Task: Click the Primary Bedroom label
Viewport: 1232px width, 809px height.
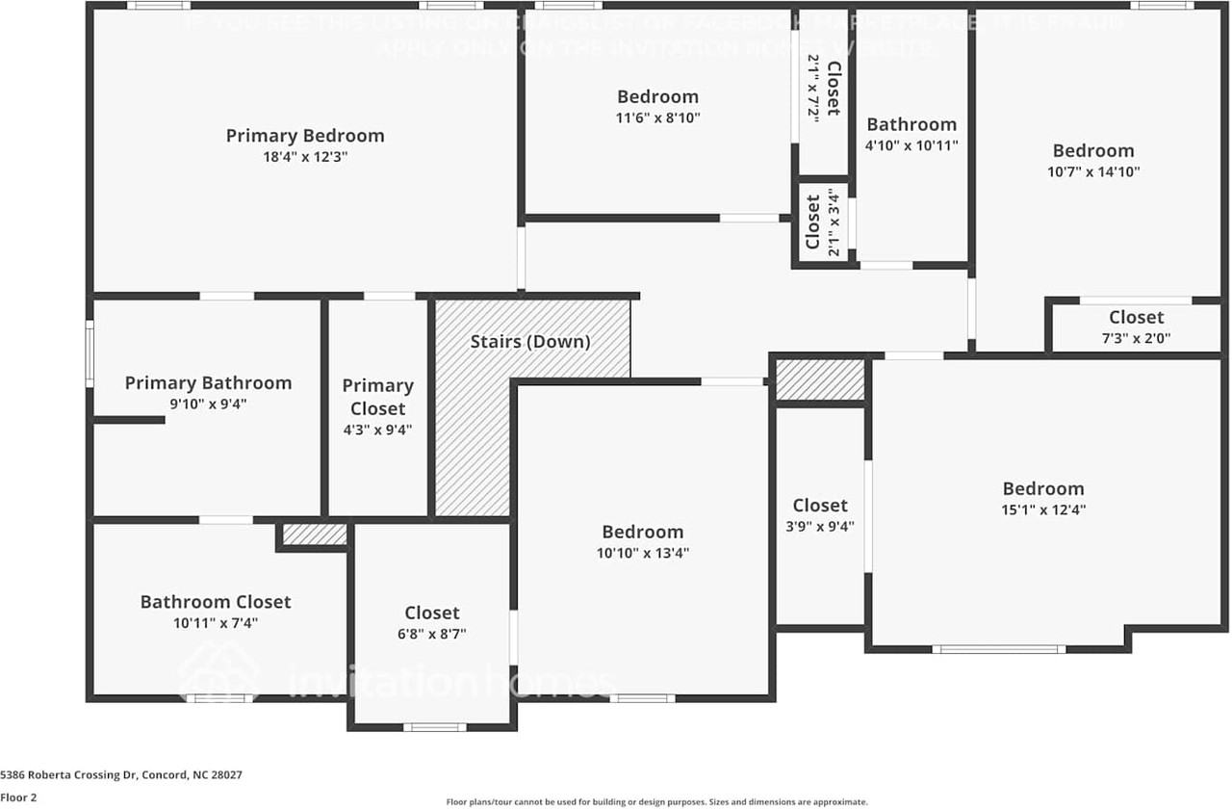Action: pyautogui.click(x=305, y=136)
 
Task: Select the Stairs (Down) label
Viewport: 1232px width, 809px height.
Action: pyautogui.click(x=530, y=342)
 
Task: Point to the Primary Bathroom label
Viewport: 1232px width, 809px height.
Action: pyautogui.click(x=208, y=383)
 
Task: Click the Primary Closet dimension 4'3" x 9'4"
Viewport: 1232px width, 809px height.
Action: pyautogui.click(x=377, y=431)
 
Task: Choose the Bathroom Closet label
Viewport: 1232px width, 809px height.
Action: pyautogui.click(x=216, y=602)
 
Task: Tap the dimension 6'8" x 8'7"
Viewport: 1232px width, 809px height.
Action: pyautogui.click(x=432, y=635)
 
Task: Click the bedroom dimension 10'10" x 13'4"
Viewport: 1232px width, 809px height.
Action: pyautogui.click(x=643, y=553)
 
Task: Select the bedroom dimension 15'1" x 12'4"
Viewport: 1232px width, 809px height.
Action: pyautogui.click(x=1043, y=510)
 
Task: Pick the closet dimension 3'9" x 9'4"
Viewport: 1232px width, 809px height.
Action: pyautogui.click(x=820, y=527)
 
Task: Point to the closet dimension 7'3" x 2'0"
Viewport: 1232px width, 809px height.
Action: pyautogui.click(x=1136, y=338)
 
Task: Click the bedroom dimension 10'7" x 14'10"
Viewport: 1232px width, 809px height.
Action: pyautogui.click(x=1093, y=171)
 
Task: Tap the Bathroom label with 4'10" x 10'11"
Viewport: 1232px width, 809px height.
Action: pyautogui.click(x=911, y=124)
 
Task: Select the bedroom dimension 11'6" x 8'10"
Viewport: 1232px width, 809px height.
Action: pyautogui.click(x=658, y=117)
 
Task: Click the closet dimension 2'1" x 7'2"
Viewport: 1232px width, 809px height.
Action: pyautogui.click(x=813, y=89)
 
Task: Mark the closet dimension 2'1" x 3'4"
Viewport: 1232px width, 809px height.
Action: pyautogui.click(x=834, y=222)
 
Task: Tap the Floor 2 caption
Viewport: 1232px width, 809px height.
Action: pyautogui.click(x=19, y=797)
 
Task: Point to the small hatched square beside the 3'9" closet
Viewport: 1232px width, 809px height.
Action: pyautogui.click(x=820, y=379)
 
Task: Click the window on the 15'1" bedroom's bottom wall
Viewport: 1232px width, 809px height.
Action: pyautogui.click(x=998, y=649)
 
